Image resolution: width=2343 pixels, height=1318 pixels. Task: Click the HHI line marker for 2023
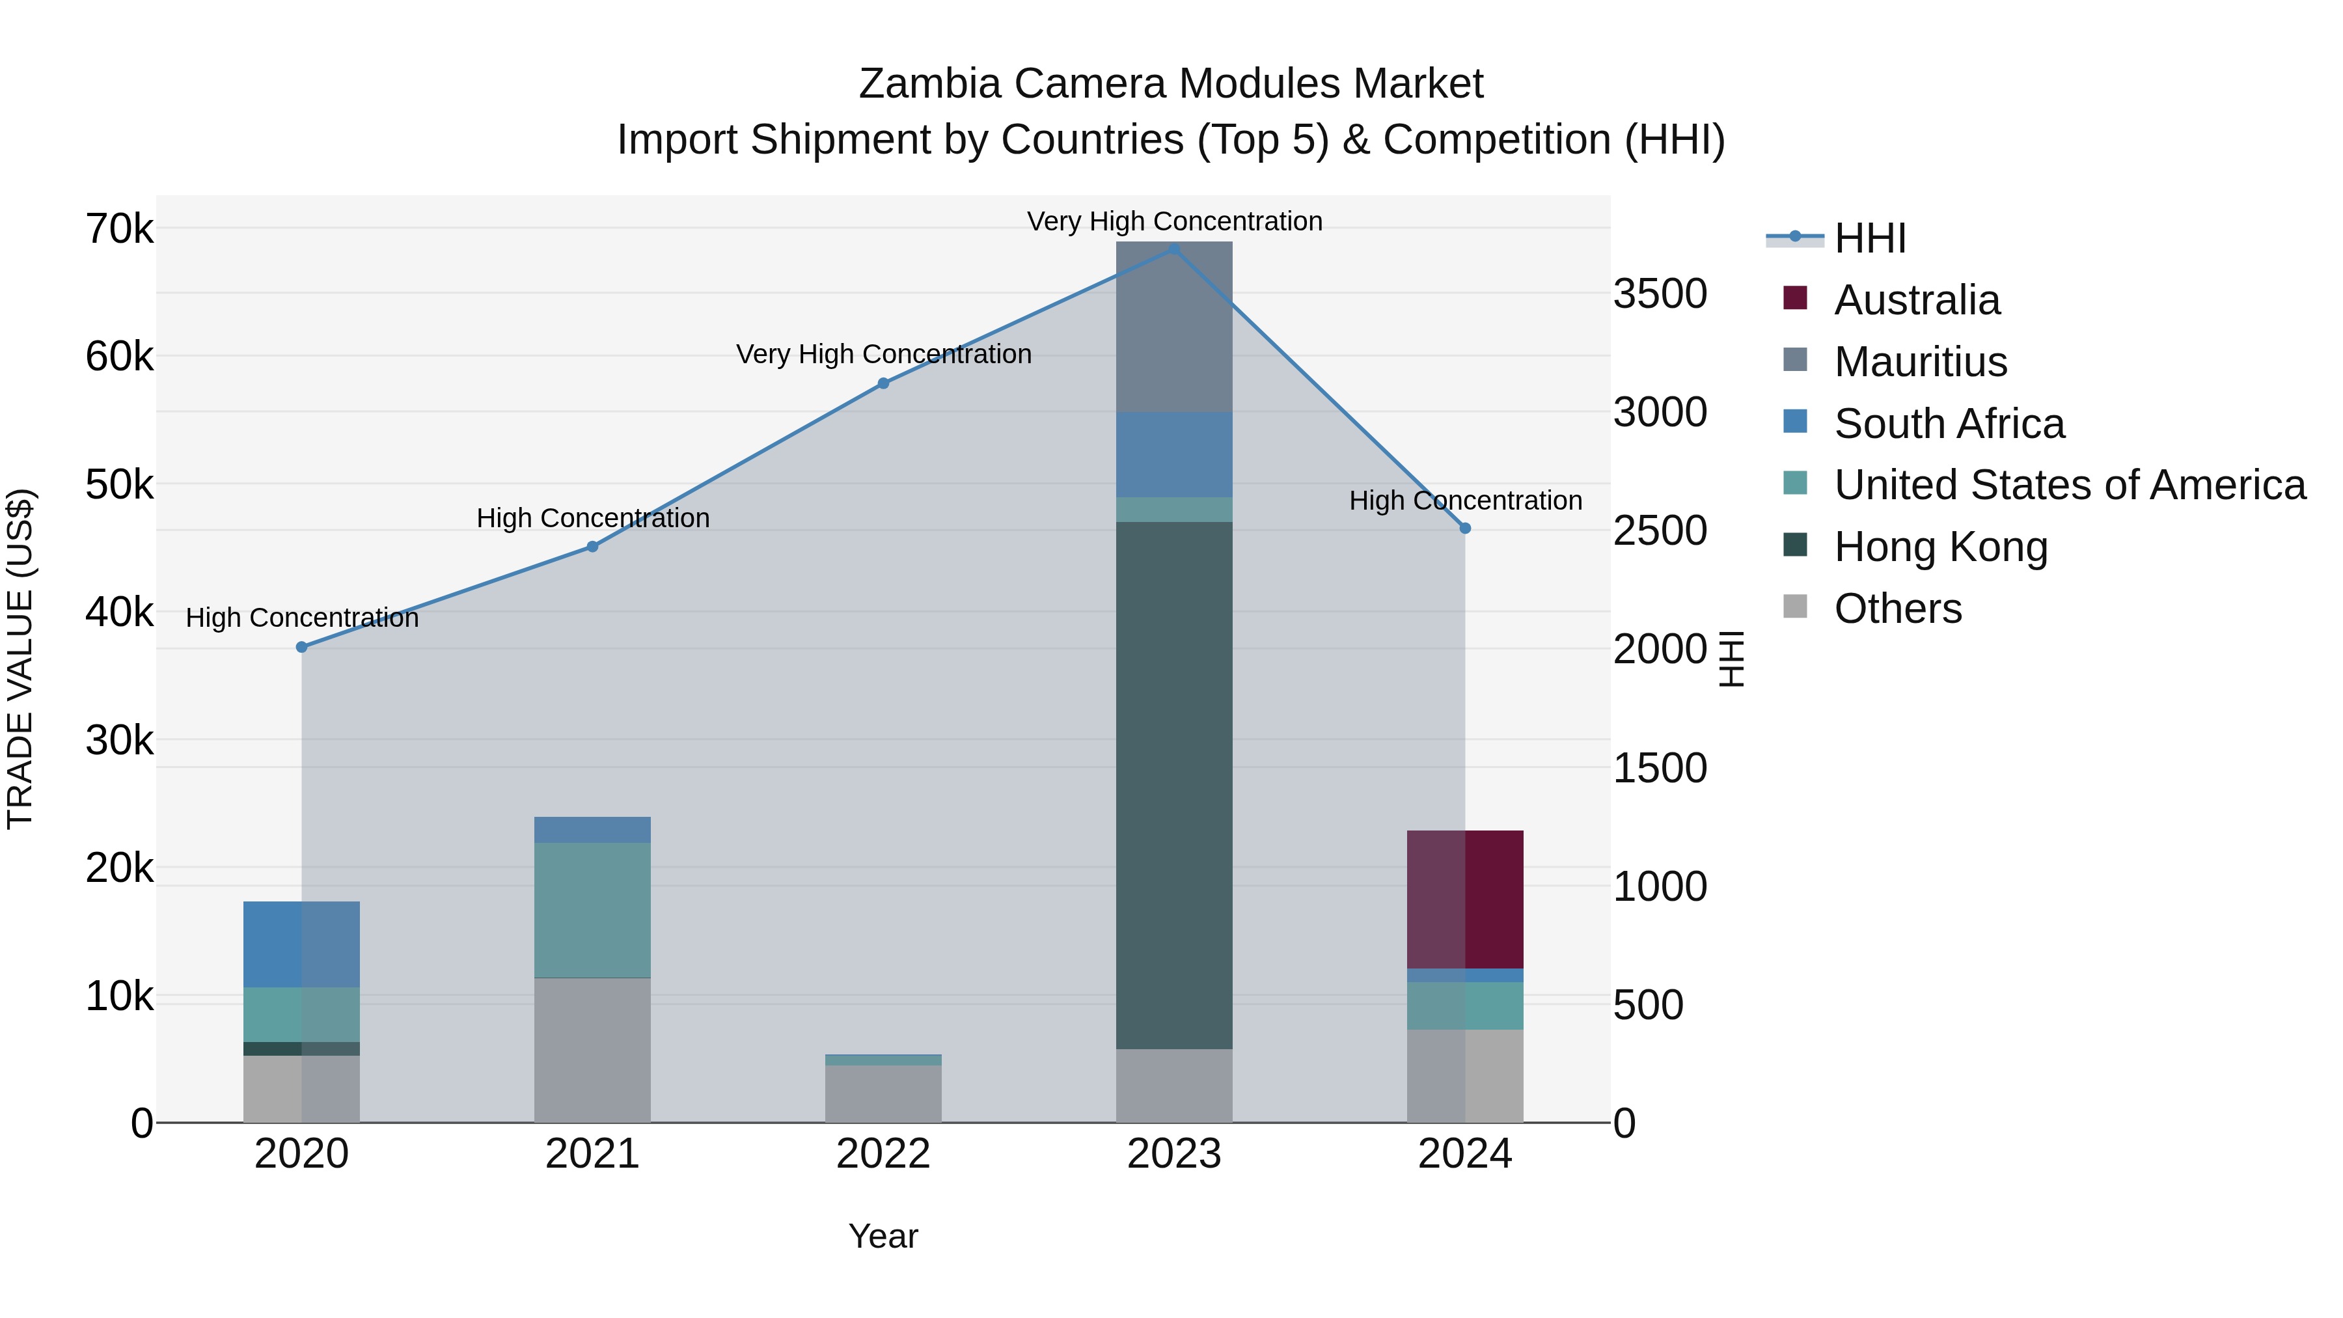[1173, 249]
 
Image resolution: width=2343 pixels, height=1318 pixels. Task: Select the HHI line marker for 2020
[302, 647]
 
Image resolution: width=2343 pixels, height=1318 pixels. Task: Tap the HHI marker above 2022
[883, 384]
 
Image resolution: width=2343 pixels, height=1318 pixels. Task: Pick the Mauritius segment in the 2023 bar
[1173, 327]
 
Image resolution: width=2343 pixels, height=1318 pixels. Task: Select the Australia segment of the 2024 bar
[1464, 899]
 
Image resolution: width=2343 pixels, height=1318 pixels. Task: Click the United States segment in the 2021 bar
[592, 910]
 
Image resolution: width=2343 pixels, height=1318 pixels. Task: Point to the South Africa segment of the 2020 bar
[302, 944]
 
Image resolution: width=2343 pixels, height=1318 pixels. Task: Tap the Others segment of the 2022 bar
[883, 1093]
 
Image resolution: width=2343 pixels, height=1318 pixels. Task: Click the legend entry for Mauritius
[1920, 362]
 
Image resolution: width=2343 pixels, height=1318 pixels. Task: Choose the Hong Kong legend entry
[1940, 547]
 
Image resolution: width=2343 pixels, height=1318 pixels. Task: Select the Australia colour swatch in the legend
[1794, 298]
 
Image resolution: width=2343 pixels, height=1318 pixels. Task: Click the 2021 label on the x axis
[592, 1154]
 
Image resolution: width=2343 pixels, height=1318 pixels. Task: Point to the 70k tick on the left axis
[119, 229]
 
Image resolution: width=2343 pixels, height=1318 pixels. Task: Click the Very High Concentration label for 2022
[883, 354]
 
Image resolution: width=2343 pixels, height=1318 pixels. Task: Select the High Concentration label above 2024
[1464, 501]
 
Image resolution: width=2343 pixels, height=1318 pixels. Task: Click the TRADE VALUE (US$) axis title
[20, 659]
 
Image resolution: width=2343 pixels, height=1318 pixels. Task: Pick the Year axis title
[883, 1236]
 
